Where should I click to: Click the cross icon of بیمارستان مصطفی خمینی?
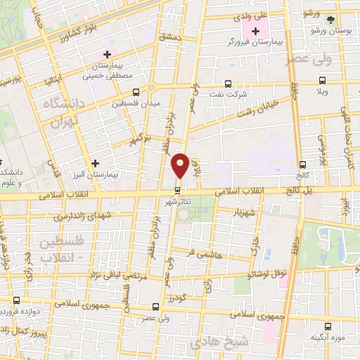(x=107, y=53)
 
